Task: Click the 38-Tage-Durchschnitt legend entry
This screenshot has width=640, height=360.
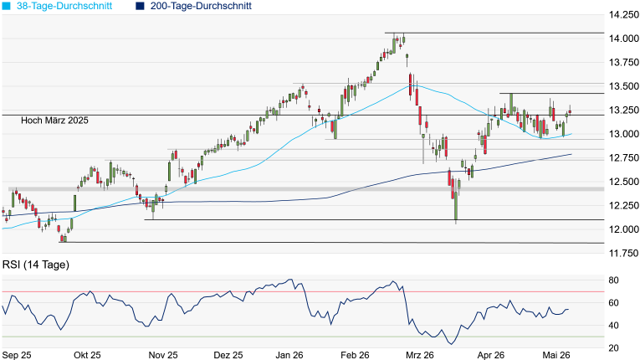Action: pos(57,6)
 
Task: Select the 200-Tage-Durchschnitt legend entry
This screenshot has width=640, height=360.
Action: pos(196,6)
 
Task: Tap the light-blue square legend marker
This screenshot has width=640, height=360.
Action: pos(6,6)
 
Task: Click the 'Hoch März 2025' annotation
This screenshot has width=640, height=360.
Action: pos(54,120)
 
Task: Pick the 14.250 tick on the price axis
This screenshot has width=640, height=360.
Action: pos(623,15)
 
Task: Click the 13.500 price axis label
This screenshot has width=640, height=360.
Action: pos(623,86)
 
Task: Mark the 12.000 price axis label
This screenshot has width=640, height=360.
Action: pos(623,229)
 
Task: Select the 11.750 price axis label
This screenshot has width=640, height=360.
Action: pos(623,254)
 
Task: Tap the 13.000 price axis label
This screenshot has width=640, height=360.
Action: pos(623,134)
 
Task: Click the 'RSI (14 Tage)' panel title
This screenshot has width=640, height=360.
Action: pos(36,265)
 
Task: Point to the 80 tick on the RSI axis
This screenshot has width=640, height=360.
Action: pos(613,280)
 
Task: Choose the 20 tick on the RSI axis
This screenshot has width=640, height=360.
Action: pos(613,348)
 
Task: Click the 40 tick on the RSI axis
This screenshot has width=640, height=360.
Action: pos(613,326)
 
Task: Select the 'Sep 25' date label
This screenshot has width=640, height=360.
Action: pos(17,355)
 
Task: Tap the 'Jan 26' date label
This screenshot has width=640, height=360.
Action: pos(289,355)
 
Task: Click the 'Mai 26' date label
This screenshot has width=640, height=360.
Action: pos(556,355)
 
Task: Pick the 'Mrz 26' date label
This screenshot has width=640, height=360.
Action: pos(420,355)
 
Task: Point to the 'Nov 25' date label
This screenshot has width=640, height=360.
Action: pos(163,355)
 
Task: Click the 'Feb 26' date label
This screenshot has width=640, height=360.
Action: pos(355,355)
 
